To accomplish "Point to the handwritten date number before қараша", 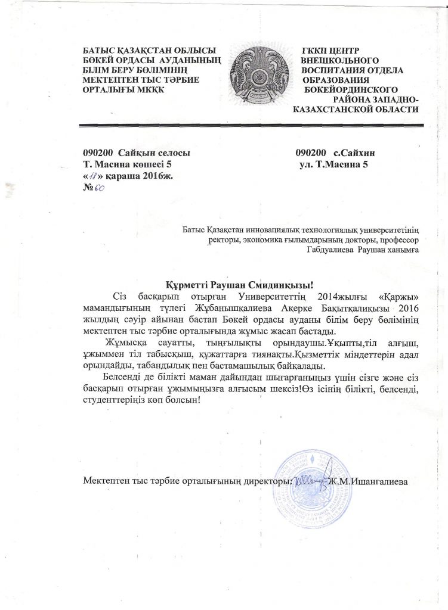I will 94,176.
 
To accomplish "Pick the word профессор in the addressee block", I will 398,239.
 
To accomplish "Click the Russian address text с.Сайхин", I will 354,152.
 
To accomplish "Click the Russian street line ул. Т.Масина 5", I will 333,164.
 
